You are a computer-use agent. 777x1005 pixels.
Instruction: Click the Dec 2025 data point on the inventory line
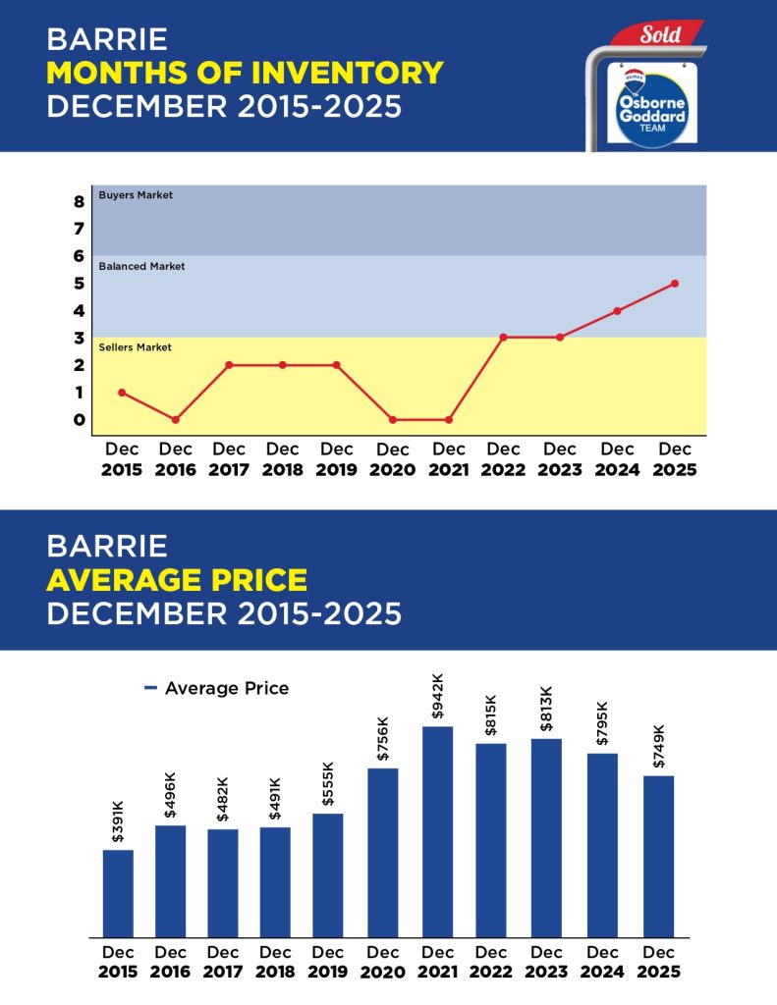click(x=674, y=284)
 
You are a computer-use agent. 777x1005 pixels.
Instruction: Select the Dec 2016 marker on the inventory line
click(x=176, y=420)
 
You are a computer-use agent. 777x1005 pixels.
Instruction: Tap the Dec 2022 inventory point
click(x=503, y=338)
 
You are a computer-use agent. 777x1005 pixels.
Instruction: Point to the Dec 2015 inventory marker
click(x=122, y=393)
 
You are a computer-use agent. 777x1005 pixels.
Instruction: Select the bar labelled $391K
click(x=118, y=893)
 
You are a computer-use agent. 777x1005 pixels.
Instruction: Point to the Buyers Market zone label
click(x=136, y=195)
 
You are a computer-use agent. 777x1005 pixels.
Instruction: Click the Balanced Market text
click(x=141, y=266)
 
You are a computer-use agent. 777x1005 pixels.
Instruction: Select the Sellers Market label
click(x=136, y=347)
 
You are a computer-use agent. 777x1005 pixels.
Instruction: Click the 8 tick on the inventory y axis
click(x=79, y=202)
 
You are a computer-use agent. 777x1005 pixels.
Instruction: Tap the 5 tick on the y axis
click(x=79, y=284)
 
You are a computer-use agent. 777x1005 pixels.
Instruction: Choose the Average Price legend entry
click(x=217, y=688)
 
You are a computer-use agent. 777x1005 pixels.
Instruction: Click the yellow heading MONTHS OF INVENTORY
click(x=245, y=73)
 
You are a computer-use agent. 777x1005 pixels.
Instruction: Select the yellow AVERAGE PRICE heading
click(x=177, y=579)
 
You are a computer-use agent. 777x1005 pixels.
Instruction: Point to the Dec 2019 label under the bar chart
click(x=328, y=961)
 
